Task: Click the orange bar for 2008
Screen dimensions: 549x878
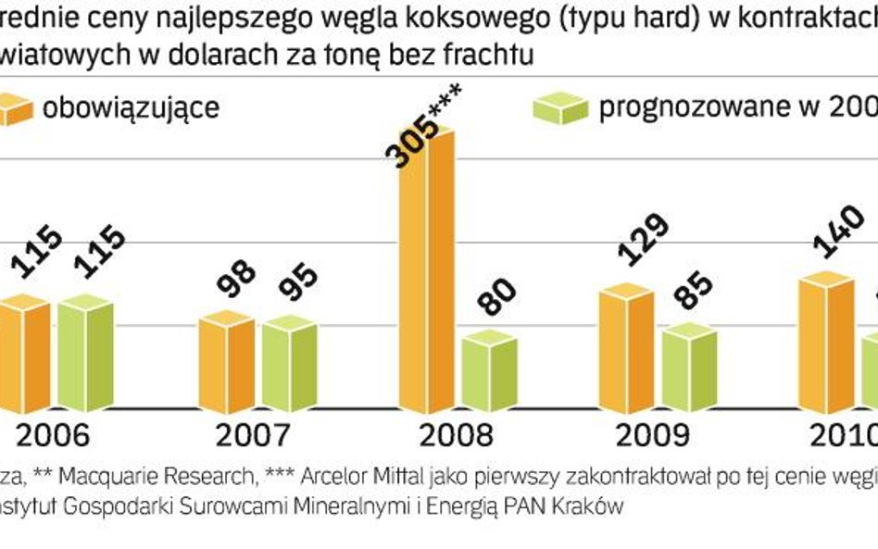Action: point(427,268)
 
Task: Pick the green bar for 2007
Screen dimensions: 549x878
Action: point(289,365)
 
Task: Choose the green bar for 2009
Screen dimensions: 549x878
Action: point(689,368)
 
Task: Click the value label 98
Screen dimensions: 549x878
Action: point(239,274)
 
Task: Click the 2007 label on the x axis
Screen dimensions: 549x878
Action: point(252,435)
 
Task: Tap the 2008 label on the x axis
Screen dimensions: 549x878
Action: point(453,435)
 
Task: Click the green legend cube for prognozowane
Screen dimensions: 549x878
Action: point(561,110)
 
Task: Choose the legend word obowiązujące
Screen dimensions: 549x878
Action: point(131,108)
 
